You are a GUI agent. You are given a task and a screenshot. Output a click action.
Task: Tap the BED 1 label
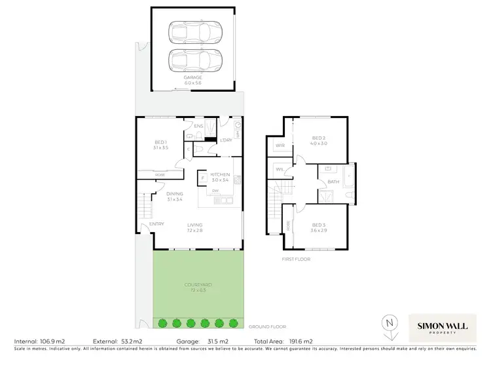click(161, 142)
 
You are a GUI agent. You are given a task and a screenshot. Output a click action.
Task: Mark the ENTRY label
click(156, 224)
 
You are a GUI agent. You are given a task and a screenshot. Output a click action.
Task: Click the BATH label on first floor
click(333, 182)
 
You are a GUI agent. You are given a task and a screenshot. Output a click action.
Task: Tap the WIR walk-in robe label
click(280, 145)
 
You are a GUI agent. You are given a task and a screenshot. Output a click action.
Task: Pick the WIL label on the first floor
click(279, 170)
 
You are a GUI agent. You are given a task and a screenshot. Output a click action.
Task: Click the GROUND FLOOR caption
click(267, 326)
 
